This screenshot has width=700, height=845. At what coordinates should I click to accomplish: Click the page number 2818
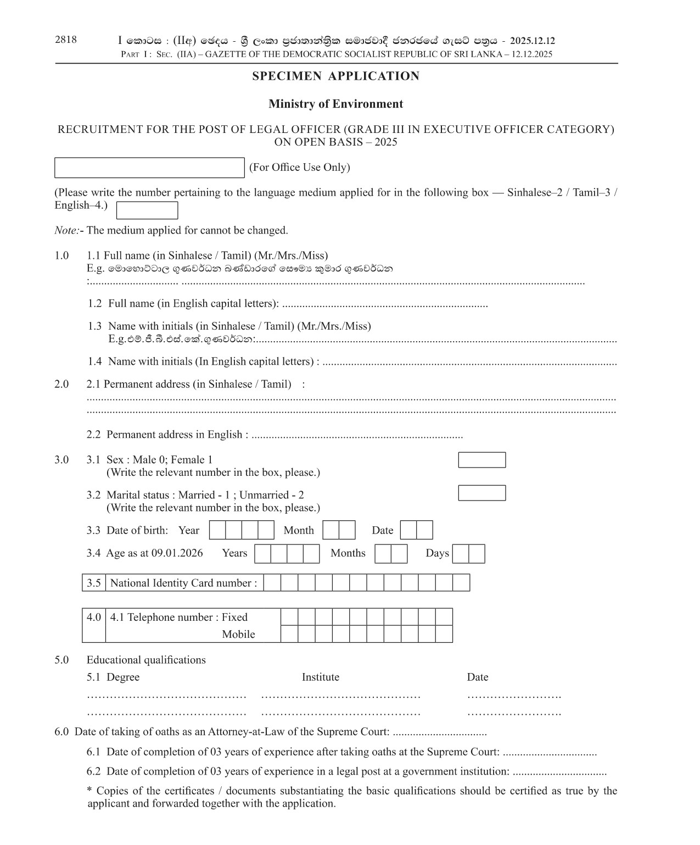click(66, 40)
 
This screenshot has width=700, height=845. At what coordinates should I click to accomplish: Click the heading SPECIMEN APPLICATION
click(335, 76)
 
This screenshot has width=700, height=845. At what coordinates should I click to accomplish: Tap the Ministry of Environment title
click(335, 104)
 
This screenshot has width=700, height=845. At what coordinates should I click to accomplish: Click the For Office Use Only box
click(149, 168)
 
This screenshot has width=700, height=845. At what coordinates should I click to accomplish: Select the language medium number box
click(147, 210)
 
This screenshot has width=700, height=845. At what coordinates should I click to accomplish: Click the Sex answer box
click(481, 460)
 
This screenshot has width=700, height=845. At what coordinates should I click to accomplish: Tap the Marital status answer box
click(481, 493)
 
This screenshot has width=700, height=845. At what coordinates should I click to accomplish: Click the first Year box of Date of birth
click(217, 530)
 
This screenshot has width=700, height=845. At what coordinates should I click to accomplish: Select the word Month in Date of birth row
click(299, 530)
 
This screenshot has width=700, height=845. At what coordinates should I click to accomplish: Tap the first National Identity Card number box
click(272, 583)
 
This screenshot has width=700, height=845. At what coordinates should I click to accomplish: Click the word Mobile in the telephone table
click(238, 635)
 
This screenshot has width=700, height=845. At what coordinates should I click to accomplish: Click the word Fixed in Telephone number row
click(234, 617)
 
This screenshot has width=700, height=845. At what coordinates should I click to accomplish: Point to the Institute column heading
click(320, 677)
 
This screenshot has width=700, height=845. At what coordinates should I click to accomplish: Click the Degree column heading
click(123, 677)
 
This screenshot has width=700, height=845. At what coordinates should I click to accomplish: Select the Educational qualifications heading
click(146, 660)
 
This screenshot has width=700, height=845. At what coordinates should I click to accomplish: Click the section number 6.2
click(93, 771)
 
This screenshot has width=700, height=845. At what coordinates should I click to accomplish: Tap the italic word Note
click(66, 230)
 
